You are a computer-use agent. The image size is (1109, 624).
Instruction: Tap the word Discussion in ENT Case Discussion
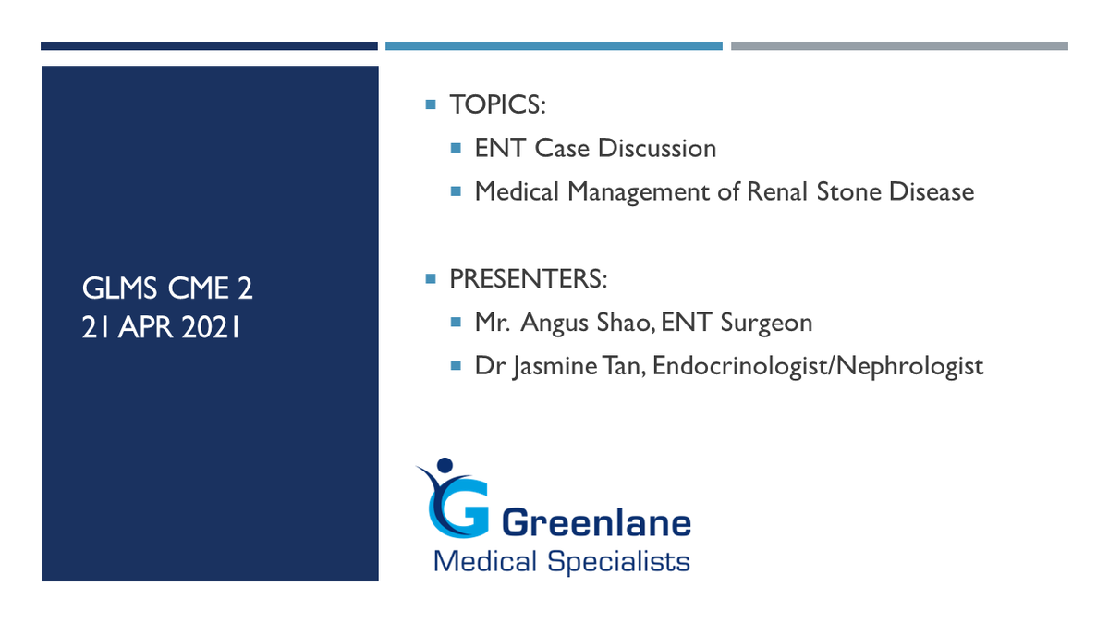click(x=656, y=148)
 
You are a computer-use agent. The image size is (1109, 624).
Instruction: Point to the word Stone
click(x=848, y=191)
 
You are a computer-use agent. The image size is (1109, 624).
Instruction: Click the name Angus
click(x=554, y=324)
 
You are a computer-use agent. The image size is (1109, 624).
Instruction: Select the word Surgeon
click(x=766, y=324)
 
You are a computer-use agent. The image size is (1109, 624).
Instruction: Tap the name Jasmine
click(x=555, y=367)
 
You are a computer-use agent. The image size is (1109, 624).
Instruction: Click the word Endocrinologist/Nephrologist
click(x=818, y=367)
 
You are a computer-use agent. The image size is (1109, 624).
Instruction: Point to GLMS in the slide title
click(x=119, y=288)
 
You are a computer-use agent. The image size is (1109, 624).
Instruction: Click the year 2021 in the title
click(x=211, y=328)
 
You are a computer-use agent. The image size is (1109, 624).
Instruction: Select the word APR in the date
click(x=146, y=328)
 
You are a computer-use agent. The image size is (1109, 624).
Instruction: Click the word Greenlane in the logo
click(x=597, y=523)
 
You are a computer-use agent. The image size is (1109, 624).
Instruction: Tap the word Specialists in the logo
click(x=618, y=562)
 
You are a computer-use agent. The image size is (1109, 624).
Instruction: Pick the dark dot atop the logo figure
click(x=445, y=466)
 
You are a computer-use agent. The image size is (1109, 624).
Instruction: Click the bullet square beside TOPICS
click(x=431, y=104)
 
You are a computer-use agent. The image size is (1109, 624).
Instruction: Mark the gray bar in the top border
click(x=899, y=46)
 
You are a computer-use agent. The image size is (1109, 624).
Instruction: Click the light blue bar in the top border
click(x=554, y=46)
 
